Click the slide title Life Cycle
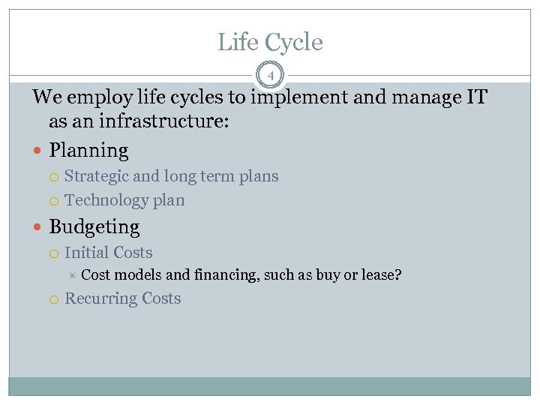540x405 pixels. (x=270, y=43)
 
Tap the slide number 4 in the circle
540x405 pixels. (x=270, y=76)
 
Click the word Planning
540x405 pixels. (x=88, y=151)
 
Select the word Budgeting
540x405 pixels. (x=94, y=226)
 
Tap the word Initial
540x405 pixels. (x=86, y=253)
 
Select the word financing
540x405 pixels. (x=225, y=275)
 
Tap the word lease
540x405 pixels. (x=380, y=275)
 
